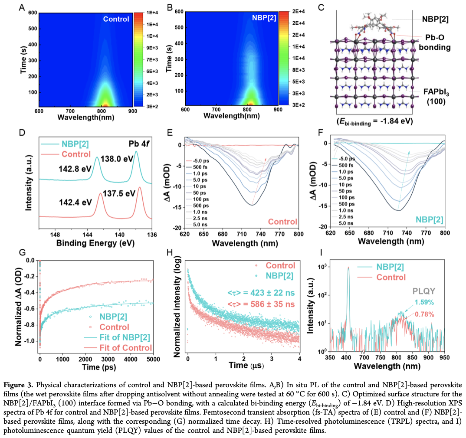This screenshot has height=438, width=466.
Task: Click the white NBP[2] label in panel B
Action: [263, 19]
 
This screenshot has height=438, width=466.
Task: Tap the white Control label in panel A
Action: [116, 19]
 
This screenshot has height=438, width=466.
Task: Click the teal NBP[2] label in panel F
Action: [428, 220]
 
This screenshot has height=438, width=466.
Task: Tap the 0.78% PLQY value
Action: [424, 314]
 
